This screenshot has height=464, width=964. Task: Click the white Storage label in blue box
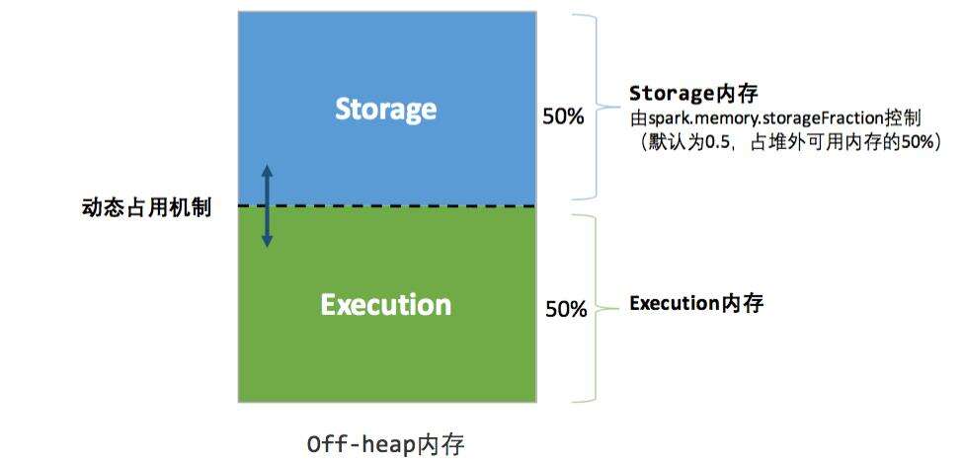[x=385, y=109]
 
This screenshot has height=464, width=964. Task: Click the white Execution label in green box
[x=385, y=305]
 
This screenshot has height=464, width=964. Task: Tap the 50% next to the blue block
[x=563, y=116]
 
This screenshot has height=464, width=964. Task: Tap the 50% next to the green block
[x=566, y=310]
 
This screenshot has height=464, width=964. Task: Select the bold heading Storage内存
[x=692, y=95]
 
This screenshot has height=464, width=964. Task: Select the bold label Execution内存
[x=696, y=303]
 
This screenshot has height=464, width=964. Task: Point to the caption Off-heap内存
[x=385, y=444]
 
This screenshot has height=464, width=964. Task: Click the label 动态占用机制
[x=146, y=208]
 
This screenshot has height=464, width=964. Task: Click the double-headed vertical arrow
[x=267, y=205]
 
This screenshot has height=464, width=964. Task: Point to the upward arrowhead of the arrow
[x=267, y=170]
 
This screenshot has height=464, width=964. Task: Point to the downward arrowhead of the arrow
[x=267, y=241]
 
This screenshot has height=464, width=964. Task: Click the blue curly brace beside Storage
[x=594, y=107]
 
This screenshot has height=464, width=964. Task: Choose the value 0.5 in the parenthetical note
[x=725, y=142]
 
